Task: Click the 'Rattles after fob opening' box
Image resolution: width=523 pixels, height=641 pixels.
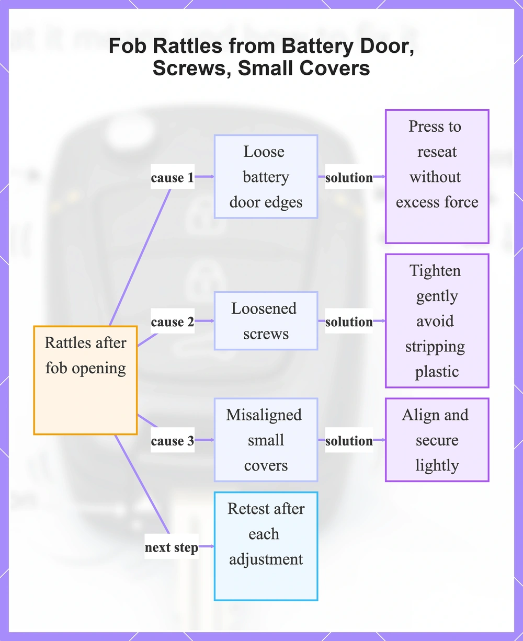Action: click(85, 380)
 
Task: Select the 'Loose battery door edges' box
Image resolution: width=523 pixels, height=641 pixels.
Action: click(266, 177)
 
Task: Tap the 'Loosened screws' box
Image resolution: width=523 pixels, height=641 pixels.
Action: click(266, 321)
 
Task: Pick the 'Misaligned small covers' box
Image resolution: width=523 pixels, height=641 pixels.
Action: click(266, 440)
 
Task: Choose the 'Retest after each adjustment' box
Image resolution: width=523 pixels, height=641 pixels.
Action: click(266, 546)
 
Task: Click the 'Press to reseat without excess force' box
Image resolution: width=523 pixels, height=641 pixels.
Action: click(437, 177)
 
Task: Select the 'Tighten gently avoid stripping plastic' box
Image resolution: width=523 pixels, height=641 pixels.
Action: click(437, 321)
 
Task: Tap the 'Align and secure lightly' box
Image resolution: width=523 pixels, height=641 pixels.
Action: click(437, 440)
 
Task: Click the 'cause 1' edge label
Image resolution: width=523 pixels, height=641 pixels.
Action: click(173, 177)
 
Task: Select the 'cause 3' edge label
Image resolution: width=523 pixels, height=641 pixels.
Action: click(173, 441)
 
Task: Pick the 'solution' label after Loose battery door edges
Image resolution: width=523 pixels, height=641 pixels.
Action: click(349, 177)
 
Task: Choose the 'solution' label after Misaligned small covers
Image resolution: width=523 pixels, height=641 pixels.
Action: click(349, 441)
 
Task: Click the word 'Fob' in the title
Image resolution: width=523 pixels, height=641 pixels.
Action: click(128, 46)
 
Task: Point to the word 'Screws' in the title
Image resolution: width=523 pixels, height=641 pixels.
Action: click(192, 68)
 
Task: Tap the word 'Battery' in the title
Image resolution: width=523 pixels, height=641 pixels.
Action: click(317, 47)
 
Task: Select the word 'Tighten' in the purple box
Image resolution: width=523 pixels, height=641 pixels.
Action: click(435, 270)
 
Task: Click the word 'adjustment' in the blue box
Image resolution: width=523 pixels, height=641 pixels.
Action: click(266, 559)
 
